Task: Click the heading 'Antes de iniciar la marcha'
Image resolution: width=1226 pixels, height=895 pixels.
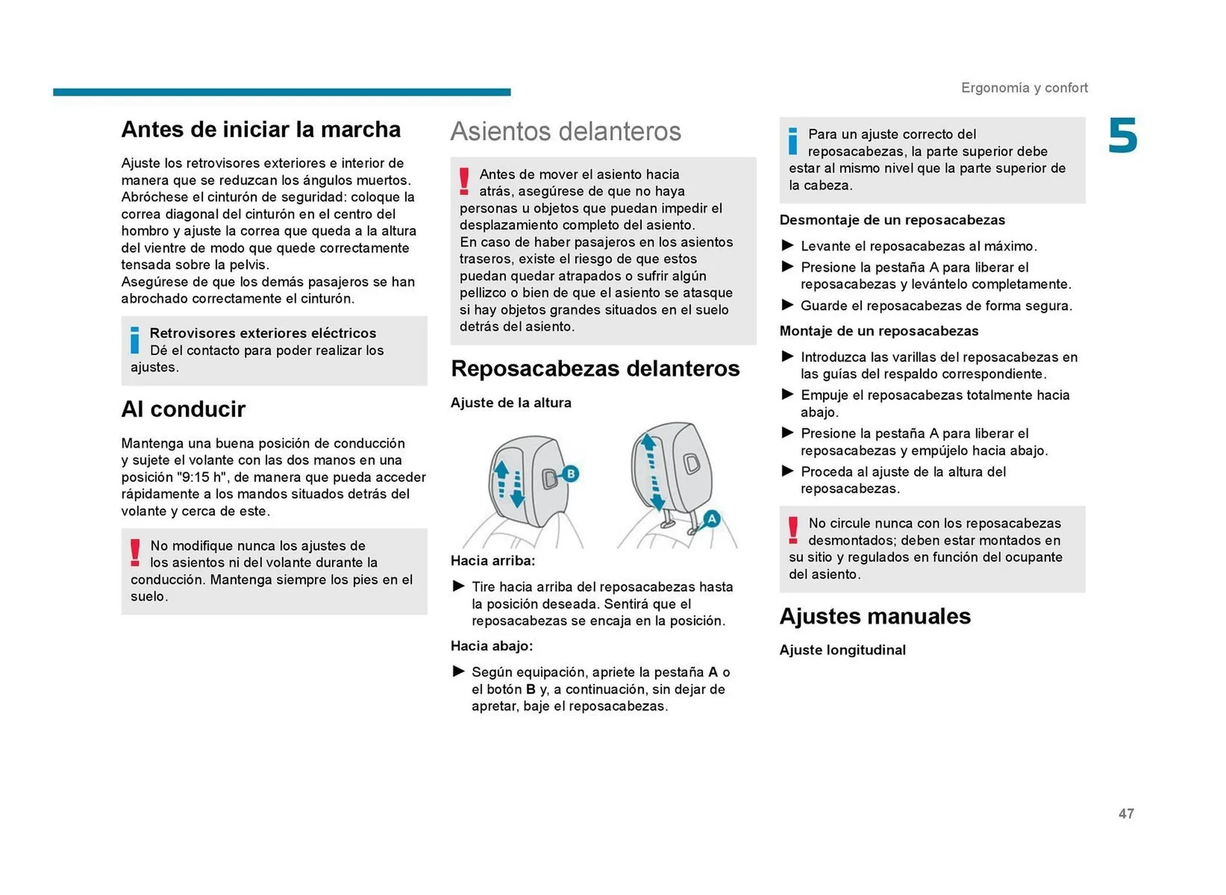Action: tap(261, 130)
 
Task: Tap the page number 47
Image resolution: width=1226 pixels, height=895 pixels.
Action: tap(1126, 813)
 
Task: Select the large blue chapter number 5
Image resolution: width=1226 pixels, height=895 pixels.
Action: tap(1122, 136)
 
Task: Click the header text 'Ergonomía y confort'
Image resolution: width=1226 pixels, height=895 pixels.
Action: tap(1024, 87)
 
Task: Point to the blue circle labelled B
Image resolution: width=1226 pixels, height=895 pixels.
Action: tap(570, 474)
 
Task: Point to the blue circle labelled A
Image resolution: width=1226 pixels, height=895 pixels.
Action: tap(711, 518)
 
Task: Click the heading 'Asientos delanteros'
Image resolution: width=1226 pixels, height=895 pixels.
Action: tap(565, 132)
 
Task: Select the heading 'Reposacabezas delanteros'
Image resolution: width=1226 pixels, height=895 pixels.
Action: tap(594, 368)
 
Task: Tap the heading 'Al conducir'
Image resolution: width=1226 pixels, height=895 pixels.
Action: tap(183, 409)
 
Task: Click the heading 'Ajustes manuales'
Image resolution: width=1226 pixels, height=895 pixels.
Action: tap(874, 616)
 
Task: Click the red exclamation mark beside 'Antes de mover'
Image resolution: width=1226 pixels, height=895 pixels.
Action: tap(464, 181)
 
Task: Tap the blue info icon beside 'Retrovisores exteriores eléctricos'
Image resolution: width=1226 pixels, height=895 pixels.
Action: tap(135, 340)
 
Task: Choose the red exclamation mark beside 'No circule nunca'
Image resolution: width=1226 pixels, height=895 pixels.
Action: tap(792, 530)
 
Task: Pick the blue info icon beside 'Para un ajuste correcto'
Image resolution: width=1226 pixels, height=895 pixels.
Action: tap(792, 141)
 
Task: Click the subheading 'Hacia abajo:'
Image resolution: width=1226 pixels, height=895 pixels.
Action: tap(491, 646)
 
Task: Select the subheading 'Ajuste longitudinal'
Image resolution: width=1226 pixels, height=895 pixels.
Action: tap(842, 650)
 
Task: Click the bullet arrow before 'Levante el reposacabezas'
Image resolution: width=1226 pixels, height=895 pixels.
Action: tap(787, 246)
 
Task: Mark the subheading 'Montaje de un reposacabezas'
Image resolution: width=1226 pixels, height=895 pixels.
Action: tap(878, 331)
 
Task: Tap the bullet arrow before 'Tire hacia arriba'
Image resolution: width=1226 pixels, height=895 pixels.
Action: tap(458, 586)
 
